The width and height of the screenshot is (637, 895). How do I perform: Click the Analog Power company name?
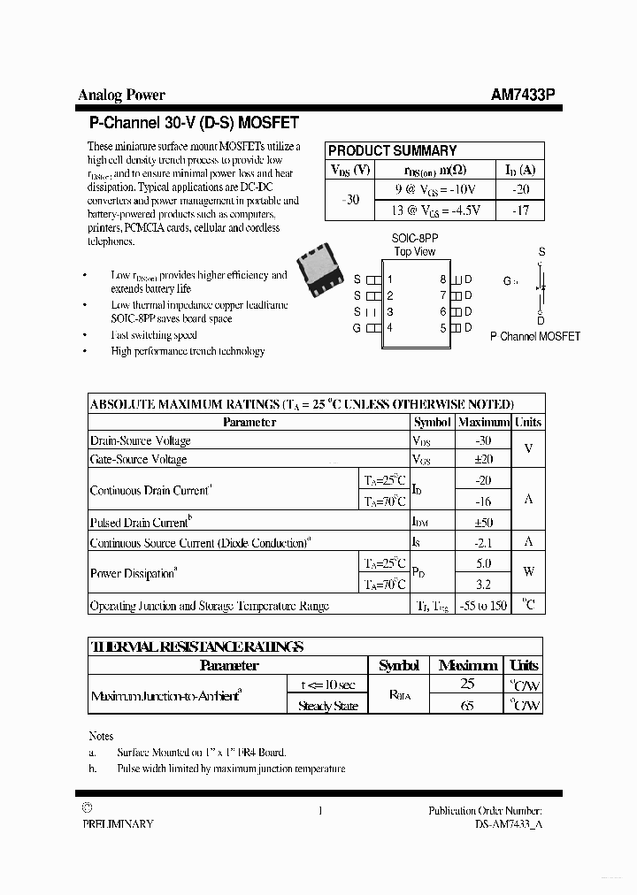click(x=121, y=95)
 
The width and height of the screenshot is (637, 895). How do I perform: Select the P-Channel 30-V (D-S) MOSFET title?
click(x=194, y=123)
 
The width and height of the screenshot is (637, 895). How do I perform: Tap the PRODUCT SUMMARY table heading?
click(x=392, y=150)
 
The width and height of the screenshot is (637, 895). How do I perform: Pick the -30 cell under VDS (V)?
click(x=350, y=200)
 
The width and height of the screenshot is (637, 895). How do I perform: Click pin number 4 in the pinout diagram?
click(x=389, y=328)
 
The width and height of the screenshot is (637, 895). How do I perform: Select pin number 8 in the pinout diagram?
click(x=443, y=279)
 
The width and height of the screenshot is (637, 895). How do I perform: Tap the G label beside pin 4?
click(x=357, y=328)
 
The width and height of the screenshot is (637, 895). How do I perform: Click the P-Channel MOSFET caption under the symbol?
click(x=535, y=336)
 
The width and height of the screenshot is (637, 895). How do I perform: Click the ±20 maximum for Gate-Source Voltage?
click(x=483, y=460)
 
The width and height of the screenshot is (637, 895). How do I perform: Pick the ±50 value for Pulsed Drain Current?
click(x=483, y=523)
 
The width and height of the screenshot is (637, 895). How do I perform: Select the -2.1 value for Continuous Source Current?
click(x=483, y=543)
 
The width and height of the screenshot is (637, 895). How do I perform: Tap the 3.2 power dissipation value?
click(x=483, y=585)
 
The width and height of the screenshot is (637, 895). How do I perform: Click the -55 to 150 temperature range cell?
click(x=483, y=606)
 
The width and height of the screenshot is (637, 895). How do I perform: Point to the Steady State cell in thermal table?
click(x=327, y=706)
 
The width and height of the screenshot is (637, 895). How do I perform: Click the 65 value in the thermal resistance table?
click(x=468, y=706)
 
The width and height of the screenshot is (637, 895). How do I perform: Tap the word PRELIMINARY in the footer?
click(x=118, y=823)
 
